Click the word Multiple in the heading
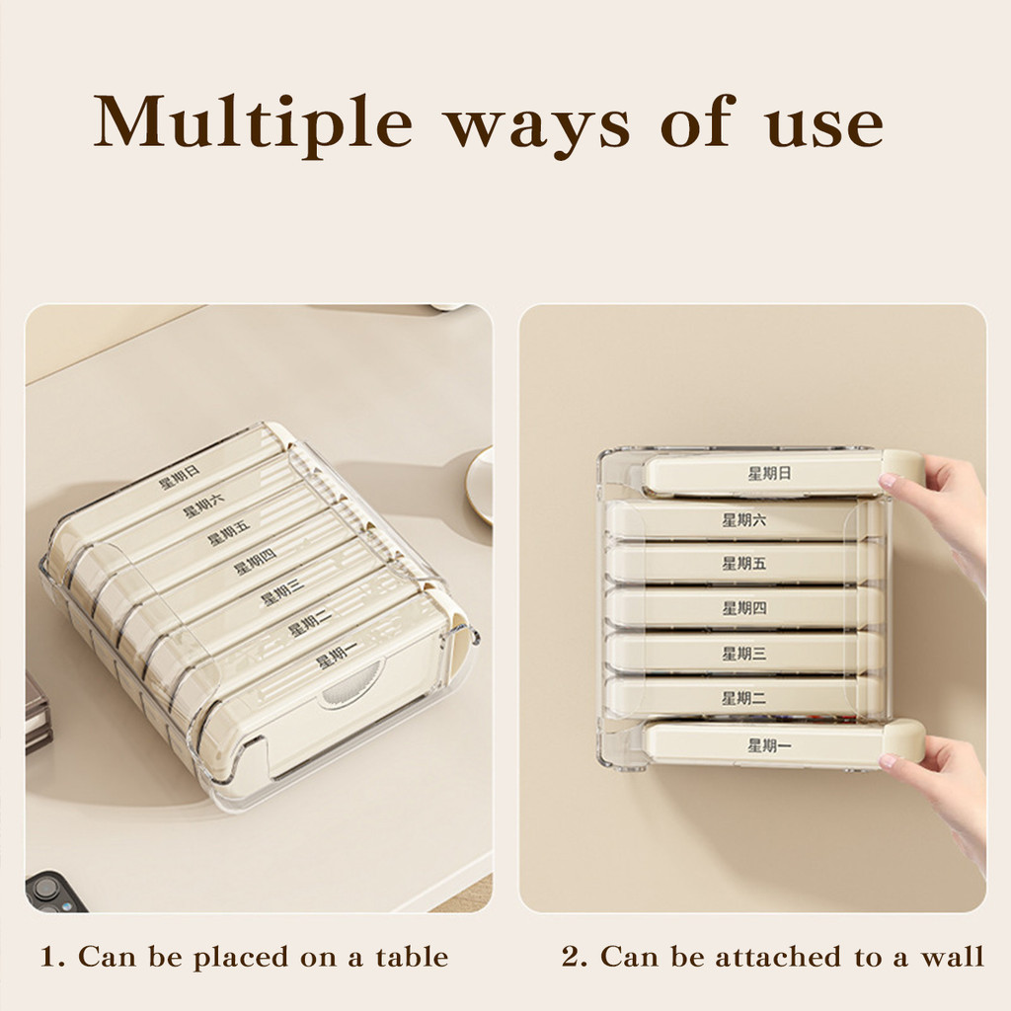coord(253,123)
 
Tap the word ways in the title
coord(538,129)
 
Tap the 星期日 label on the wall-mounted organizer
coord(769,473)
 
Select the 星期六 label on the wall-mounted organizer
coord(744,519)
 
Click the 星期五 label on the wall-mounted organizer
coord(744,564)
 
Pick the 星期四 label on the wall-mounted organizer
coord(744,608)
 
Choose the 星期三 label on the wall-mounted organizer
coord(744,654)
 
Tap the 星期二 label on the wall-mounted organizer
coord(744,698)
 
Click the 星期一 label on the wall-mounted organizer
coord(770,746)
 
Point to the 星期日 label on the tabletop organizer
coord(180,477)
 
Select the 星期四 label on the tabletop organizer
coord(256,562)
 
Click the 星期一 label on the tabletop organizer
coord(337,656)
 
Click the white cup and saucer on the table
coord(481,485)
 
